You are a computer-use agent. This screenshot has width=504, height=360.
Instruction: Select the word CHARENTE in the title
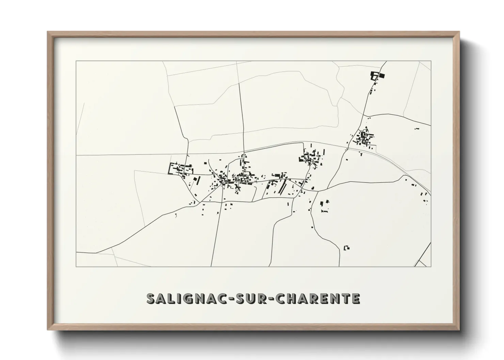(317, 298)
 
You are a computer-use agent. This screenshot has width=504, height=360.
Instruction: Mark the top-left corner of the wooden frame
(48, 32)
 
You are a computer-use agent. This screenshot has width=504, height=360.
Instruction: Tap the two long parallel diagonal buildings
(282, 187)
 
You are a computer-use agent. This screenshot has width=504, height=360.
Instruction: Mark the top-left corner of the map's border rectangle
(76, 61)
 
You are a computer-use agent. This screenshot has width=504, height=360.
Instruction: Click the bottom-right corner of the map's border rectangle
(431, 266)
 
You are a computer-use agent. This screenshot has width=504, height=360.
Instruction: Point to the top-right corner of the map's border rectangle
(431, 61)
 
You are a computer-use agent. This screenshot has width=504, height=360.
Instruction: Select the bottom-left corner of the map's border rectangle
(76, 266)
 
